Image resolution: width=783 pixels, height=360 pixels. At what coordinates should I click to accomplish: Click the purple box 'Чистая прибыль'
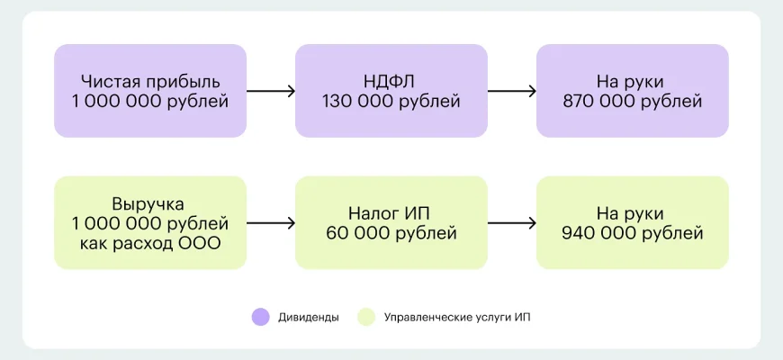coord(150,91)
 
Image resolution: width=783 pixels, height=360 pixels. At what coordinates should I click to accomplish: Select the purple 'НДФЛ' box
coord(391,91)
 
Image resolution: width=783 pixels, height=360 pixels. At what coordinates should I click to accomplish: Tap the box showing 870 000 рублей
coord(632,91)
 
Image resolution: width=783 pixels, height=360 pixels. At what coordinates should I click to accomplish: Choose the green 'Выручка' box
coord(150,222)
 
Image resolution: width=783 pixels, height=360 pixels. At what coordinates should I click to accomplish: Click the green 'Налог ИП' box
coord(391,222)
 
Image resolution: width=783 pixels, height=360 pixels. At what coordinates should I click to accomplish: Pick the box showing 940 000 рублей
coord(632,222)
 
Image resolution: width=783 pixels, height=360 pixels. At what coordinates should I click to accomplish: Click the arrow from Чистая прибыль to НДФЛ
coord(271,91)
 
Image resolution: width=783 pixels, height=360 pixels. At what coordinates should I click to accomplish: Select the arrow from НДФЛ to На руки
coord(511,91)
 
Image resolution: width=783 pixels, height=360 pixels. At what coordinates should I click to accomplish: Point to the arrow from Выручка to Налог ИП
coord(271,223)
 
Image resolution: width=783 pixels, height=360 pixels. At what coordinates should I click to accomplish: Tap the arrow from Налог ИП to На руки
coord(511,223)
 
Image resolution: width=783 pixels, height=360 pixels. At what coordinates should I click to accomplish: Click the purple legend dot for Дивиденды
coord(261,317)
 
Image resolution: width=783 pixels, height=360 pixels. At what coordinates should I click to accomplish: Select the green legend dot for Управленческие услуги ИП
coord(365,317)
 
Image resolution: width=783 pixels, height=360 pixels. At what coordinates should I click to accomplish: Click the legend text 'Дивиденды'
coord(309,317)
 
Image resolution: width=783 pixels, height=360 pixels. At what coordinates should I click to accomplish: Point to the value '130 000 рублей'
coord(391,102)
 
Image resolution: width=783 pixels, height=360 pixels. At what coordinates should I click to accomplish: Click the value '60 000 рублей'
coord(391,234)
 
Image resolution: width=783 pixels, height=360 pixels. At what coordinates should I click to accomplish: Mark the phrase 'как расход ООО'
coord(150,245)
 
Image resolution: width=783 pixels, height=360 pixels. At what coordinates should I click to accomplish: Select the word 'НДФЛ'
coord(391,81)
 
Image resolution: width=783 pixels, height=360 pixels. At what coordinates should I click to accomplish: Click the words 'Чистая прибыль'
coord(150,81)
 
